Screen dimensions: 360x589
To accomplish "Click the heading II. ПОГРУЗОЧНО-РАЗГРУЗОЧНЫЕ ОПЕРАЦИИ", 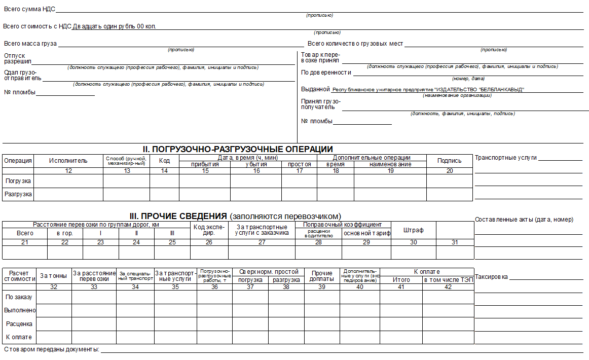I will tap(237, 149).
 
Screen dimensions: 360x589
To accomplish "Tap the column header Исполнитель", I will tap(68, 161).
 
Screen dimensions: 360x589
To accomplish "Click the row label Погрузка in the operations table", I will tap(18, 181).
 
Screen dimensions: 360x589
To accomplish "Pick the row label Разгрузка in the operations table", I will tap(18, 194).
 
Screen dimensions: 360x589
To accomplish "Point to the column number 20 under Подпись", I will tap(450, 171).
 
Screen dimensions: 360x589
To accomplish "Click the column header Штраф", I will tap(413, 230).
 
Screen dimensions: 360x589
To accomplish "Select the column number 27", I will tap(262, 242).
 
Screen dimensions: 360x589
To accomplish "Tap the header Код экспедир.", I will tap(209, 230).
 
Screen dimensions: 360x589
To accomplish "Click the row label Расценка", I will tap(19, 323).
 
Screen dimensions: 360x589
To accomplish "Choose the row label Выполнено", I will tap(19, 310).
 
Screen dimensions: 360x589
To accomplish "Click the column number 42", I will tap(448, 287).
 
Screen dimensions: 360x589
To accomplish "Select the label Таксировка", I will tap(491, 277).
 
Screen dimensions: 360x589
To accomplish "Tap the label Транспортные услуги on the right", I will tap(505, 158).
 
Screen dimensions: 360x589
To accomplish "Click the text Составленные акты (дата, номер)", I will tap(524, 220).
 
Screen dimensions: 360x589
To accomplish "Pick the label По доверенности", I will tap(326, 73).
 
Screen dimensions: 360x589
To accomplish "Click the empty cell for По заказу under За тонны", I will tap(54, 297).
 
